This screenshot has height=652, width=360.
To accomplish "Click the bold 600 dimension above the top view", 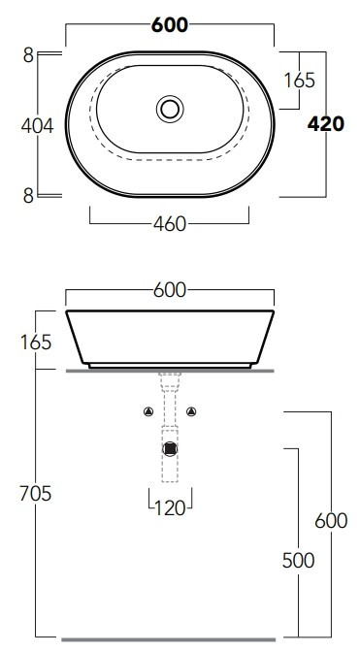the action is (x=170, y=25).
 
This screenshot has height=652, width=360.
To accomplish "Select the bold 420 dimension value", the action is (x=326, y=124).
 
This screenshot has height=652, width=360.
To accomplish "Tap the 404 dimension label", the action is (x=38, y=126).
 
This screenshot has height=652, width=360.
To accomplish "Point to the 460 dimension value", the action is (x=170, y=224).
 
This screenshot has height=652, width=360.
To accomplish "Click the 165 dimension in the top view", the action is (x=299, y=81).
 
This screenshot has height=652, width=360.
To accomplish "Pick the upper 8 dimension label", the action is (x=28, y=55).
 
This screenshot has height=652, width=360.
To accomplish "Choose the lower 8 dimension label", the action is (x=28, y=196).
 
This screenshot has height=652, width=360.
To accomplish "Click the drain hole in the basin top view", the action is (x=170, y=109).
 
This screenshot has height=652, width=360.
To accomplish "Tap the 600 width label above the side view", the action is (x=170, y=290).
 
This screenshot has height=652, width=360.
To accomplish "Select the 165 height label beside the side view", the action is (x=36, y=342).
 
